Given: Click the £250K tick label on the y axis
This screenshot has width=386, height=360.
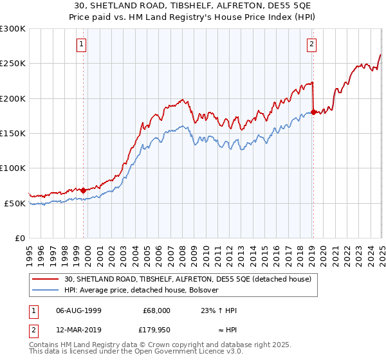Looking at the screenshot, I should [x=13, y=64].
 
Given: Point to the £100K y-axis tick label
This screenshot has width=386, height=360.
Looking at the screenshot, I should [x=13, y=168].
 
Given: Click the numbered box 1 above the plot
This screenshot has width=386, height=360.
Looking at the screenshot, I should [x=83, y=44].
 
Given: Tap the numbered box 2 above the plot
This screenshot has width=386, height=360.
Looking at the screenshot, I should [x=312, y=44].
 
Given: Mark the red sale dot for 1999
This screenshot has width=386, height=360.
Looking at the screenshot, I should [x=84, y=190].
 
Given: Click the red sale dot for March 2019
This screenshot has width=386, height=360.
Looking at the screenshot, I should [x=313, y=113].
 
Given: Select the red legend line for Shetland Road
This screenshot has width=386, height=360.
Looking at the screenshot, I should [x=47, y=279].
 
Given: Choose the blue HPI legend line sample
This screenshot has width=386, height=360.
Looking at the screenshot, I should [x=47, y=290].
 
